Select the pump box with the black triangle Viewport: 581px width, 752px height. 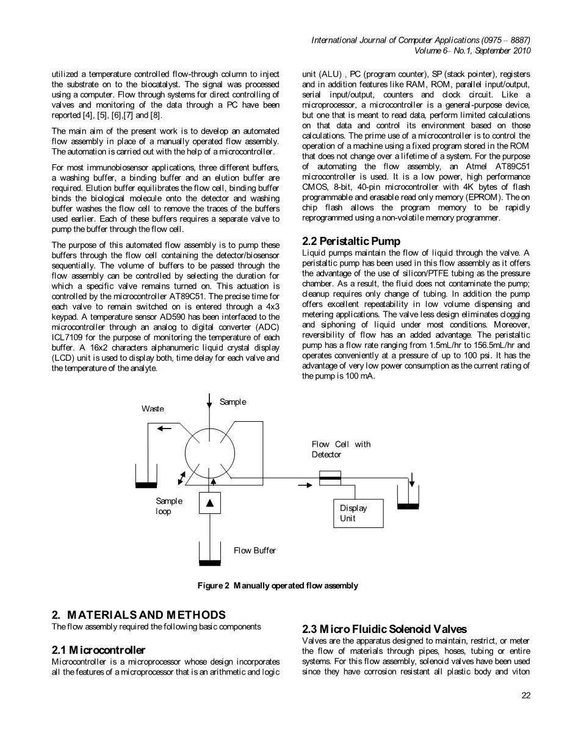click(210, 503)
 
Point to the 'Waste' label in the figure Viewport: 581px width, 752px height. click(153, 408)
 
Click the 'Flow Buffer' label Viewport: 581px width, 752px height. click(254, 551)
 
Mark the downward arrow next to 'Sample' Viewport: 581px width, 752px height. click(209, 401)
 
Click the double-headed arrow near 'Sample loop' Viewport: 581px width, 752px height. click(181, 478)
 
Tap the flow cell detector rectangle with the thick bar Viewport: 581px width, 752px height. click(330, 478)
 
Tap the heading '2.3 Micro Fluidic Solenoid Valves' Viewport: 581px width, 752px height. click(384, 629)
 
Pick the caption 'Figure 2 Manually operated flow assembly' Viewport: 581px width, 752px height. click(278, 586)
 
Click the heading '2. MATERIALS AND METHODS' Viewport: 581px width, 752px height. click(139, 615)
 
